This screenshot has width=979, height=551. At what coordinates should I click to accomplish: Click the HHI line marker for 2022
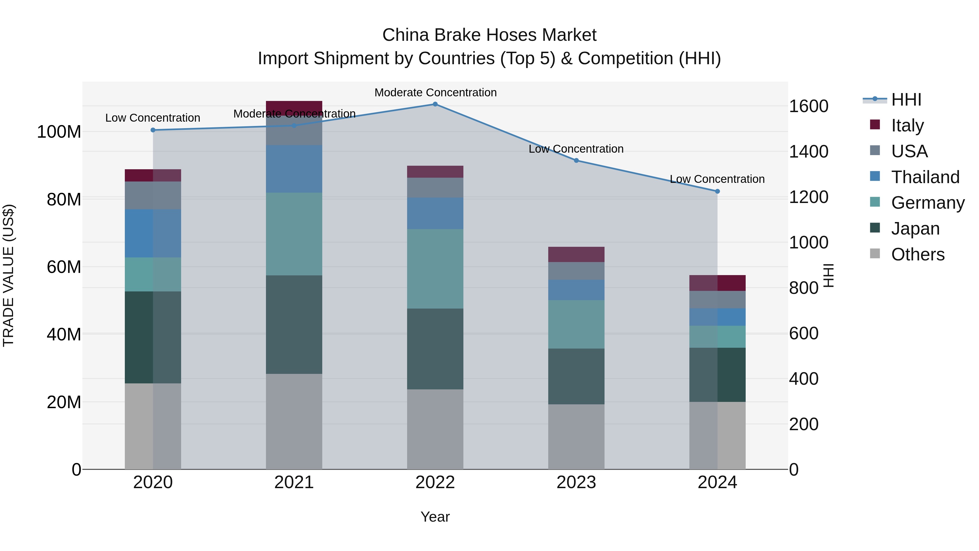coord(435,104)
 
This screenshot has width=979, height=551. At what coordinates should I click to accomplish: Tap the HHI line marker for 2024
coord(717,191)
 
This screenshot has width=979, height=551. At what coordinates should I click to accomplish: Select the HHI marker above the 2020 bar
coord(153,130)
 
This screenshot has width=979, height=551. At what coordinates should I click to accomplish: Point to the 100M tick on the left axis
coord(59,132)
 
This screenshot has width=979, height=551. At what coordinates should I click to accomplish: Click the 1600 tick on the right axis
coord(808,106)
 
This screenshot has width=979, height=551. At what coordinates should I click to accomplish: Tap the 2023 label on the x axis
coord(576,482)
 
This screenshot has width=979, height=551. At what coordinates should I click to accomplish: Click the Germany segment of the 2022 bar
coord(435,269)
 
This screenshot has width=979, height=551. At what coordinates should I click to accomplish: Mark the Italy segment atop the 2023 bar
coord(576,254)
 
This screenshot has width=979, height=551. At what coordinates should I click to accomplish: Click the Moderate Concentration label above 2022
coord(436,93)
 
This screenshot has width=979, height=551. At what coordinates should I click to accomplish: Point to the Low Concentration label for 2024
coord(717,179)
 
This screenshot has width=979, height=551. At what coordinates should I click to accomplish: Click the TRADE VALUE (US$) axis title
coord(8,275)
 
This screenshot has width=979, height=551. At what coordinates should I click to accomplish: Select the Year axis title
coord(435,517)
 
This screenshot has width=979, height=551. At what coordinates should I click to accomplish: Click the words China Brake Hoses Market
coord(489,35)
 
